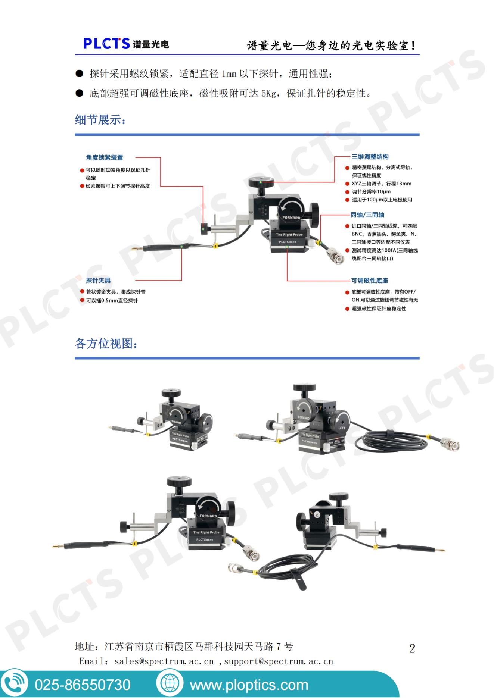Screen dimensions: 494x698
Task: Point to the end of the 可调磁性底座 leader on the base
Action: tap(287, 247)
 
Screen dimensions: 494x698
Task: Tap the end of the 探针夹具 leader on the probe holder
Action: tap(181, 247)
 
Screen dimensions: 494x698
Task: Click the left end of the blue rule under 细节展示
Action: tap(75, 134)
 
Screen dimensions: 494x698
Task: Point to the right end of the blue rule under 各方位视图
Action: tap(419, 358)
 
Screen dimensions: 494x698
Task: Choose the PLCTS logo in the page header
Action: tap(126, 44)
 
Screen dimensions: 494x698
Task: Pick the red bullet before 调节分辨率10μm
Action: tap(347, 192)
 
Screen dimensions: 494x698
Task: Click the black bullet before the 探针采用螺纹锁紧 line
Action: tap(79, 73)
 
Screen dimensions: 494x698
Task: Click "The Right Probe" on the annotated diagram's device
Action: tap(289, 235)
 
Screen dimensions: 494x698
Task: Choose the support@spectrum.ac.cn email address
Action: tap(279, 661)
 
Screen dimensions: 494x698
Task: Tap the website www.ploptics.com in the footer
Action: tap(249, 685)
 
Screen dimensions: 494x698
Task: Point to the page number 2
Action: tap(412, 649)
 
